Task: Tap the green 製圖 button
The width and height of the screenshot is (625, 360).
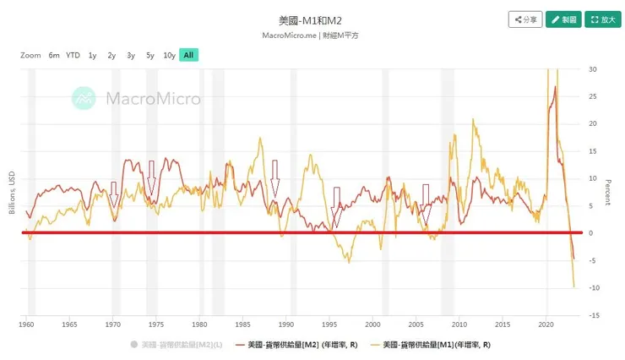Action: pos(564,19)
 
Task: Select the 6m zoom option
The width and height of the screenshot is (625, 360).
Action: pos(54,55)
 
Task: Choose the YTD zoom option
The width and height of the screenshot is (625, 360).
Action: pos(73,55)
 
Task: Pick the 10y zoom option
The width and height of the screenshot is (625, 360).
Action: pos(169,55)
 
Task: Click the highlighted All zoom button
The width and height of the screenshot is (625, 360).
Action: pos(188,55)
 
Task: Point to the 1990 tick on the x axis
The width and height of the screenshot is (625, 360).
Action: pos(287,324)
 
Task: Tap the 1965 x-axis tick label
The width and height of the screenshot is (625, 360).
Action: pos(70,324)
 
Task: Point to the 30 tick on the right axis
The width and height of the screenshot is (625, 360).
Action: pos(592,69)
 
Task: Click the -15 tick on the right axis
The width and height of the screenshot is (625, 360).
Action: pos(594,315)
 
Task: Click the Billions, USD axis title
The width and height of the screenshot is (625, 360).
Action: pos(12,192)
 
